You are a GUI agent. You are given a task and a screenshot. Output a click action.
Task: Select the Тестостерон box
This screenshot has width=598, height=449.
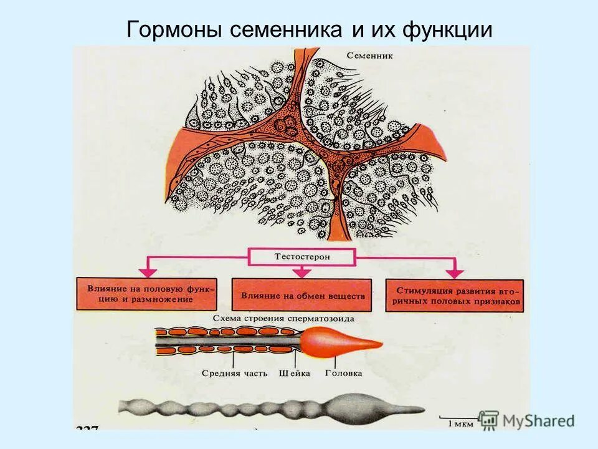click(302, 256)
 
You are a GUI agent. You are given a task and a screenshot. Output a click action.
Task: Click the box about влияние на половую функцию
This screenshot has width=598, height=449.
click(147, 294)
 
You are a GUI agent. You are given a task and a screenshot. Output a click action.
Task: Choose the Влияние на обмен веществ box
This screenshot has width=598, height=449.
click(302, 294)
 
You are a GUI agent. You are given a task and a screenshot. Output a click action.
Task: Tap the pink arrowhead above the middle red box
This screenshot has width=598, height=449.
click(302, 272)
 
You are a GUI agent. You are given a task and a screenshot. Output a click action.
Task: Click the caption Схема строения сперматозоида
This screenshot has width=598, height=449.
click(283, 319)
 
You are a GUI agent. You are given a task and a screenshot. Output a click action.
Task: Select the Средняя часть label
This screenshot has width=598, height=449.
click(234, 374)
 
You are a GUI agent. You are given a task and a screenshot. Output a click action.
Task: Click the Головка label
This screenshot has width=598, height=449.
click(343, 374)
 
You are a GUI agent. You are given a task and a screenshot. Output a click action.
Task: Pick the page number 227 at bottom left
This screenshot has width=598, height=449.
click(88, 428)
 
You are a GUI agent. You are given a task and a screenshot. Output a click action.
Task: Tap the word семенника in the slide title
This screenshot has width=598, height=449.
click(284, 29)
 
